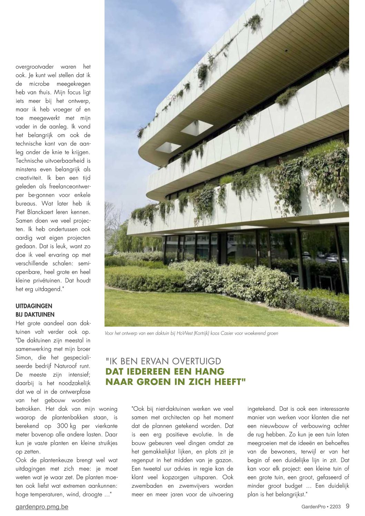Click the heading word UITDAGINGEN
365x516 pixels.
[x=34, y=306]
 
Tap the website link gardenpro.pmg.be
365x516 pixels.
[x=42, y=507]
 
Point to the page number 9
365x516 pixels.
[x=347, y=506]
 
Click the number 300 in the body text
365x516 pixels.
[x=62, y=426]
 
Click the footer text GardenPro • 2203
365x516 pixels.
[x=321, y=507]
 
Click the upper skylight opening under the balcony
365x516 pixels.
[x=196, y=128]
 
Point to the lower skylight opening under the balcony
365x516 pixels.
[x=168, y=147]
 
